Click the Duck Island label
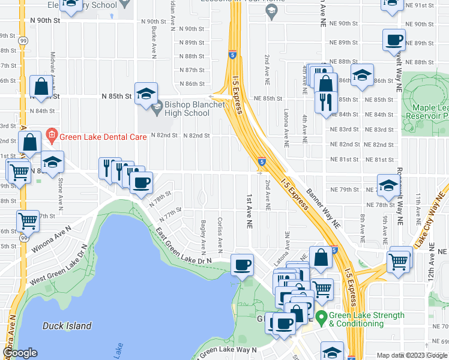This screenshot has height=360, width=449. click(x=67, y=326)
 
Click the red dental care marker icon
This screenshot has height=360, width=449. click(x=52, y=136)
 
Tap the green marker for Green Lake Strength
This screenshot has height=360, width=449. click(x=322, y=316)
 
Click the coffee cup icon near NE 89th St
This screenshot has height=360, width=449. click(x=394, y=40)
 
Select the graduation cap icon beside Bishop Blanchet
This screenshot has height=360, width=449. click(x=146, y=94)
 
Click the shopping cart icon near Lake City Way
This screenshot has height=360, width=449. click(x=399, y=261)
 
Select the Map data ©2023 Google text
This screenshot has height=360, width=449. click(x=412, y=355)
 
